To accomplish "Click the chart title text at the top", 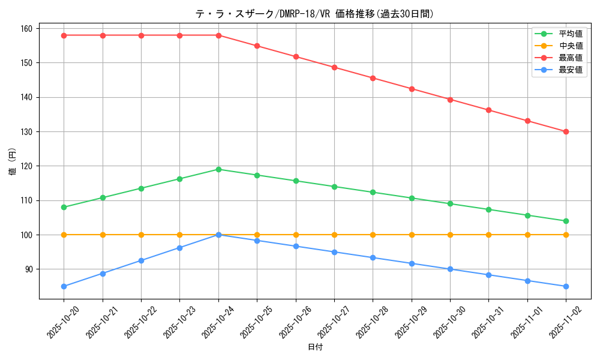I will coord(314,14).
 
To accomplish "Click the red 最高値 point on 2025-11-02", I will coord(566,131).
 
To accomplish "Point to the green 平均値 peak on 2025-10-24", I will coord(218,169).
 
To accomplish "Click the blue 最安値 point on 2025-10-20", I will coord(64,286).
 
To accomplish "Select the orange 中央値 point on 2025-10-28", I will coord(373,235).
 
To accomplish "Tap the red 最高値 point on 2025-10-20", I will coord(64,35).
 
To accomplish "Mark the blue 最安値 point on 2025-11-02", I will coord(566,286).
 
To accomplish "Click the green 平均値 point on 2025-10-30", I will coord(450,203).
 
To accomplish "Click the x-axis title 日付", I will coord(315,347).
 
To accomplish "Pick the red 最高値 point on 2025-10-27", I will coord(334,67).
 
